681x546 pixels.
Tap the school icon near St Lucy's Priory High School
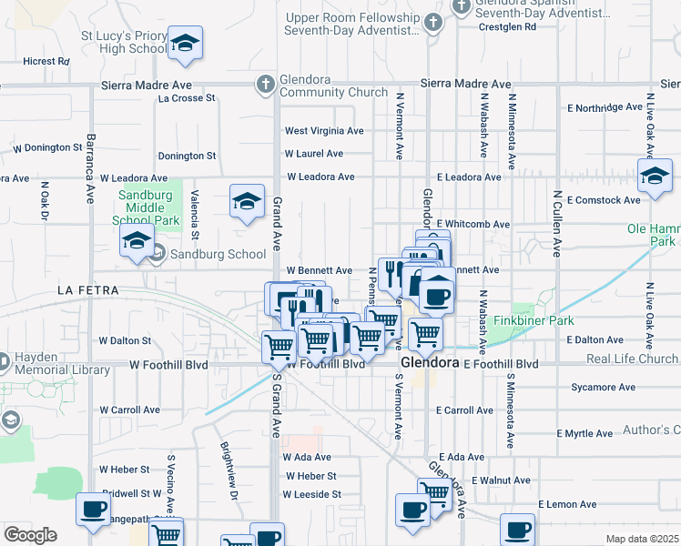pyautogui.click(x=185, y=44)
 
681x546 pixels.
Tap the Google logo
pyautogui.click(x=29, y=535)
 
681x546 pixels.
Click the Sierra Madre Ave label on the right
pyautogui.click(x=465, y=84)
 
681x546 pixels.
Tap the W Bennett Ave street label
pyautogui.click(x=319, y=270)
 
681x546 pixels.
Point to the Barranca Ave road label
pyautogui.click(x=90, y=168)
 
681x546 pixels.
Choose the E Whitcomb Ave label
pyautogui.click(x=473, y=224)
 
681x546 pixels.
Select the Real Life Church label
pyautogui.click(x=632, y=359)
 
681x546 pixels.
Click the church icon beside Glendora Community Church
pyautogui.click(x=265, y=85)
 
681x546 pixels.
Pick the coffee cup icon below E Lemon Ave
pyautogui.click(x=517, y=529)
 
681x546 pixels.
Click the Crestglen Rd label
pyautogui.click(x=508, y=27)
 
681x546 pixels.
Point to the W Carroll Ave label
pyautogui.click(x=130, y=410)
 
